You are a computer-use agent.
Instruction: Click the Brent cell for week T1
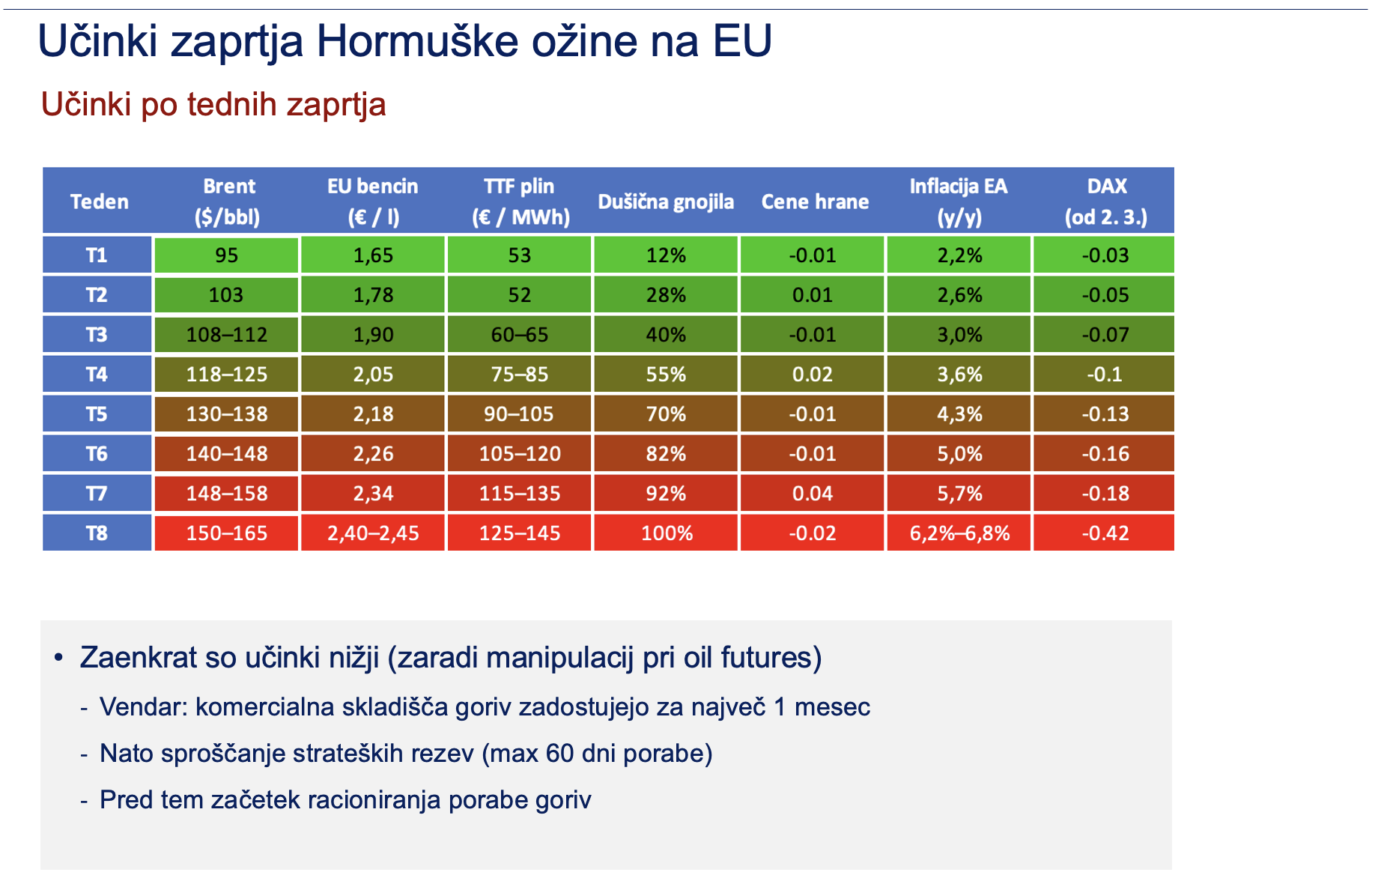(226, 255)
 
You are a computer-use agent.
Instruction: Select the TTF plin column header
(520, 201)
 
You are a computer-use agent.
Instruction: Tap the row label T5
(97, 414)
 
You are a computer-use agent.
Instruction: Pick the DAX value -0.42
(1105, 533)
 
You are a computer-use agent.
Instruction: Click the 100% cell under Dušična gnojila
(666, 533)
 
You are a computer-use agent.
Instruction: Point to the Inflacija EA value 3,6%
(959, 375)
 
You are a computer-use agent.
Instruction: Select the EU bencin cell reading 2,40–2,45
(373, 533)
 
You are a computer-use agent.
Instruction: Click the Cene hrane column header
(814, 202)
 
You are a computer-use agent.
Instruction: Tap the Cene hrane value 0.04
(813, 494)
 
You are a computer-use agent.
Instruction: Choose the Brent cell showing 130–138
(226, 414)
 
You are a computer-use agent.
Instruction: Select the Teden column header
(99, 202)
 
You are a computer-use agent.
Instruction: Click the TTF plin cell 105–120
(520, 454)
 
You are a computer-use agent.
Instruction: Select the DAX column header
(1105, 201)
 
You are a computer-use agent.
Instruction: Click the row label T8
(97, 533)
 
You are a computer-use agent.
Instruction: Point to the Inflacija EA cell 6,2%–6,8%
(959, 533)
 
